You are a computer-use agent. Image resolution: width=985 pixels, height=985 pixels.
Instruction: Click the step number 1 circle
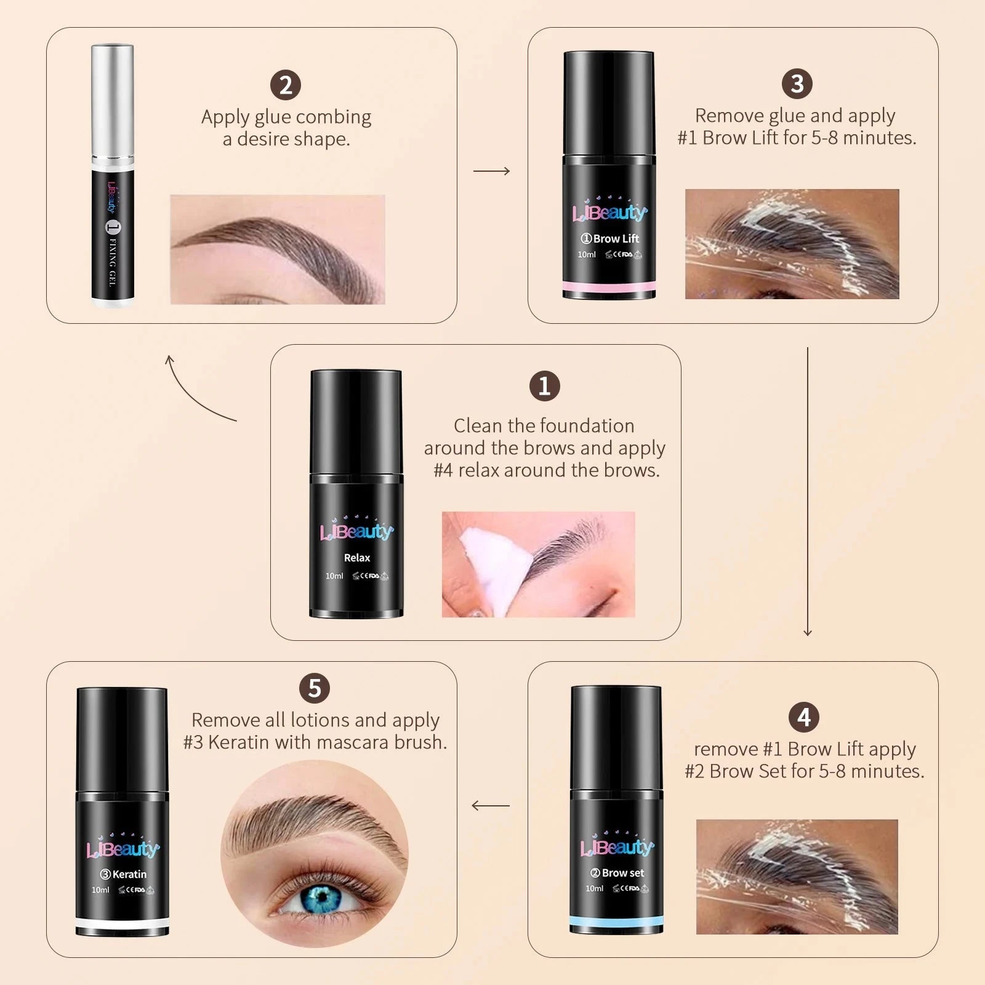(545, 386)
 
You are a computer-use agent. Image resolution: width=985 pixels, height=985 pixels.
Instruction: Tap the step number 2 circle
(286, 85)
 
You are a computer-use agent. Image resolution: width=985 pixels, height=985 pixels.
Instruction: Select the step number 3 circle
(797, 84)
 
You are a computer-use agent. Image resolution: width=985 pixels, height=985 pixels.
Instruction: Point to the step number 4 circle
(804, 717)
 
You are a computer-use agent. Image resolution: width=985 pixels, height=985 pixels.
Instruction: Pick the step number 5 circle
(315, 688)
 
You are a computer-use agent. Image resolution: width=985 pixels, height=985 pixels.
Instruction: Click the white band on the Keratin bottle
(123, 922)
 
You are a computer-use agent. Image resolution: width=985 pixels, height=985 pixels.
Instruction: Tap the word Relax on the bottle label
(357, 558)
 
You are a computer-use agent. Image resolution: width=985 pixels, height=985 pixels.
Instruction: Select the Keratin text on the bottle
(129, 874)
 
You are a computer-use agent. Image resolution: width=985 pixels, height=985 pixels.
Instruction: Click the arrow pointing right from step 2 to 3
(491, 171)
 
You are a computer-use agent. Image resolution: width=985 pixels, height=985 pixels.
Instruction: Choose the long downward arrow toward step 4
(808, 492)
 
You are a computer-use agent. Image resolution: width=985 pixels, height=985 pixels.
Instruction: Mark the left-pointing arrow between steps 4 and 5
(491, 805)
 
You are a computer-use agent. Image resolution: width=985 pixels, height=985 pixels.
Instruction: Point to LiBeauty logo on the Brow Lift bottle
(609, 212)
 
